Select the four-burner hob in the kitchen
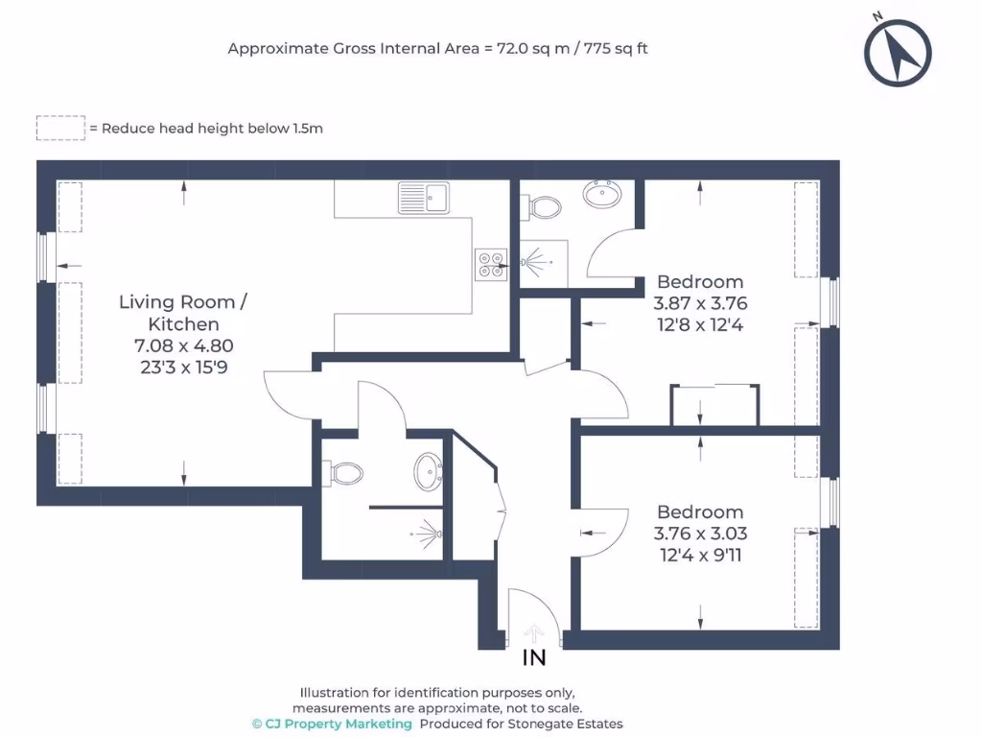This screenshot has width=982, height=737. [491, 265]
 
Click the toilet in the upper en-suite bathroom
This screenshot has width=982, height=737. [544, 206]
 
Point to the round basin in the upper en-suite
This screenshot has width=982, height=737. [602, 195]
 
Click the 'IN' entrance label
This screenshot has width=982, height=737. [533, 658]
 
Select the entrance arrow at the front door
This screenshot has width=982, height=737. [534, 634]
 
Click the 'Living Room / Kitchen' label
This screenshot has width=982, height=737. [182, 313]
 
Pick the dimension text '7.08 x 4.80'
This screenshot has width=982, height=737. [182, 346]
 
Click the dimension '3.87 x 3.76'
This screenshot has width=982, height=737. [700, 303]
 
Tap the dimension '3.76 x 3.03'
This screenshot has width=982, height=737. [700, 534]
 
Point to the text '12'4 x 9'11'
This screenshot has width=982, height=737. [700, 555]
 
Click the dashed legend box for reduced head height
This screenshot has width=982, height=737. [60, 128]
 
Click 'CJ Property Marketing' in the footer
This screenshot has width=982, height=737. [339, 724]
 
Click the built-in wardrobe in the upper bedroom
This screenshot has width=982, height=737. [715, 404]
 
